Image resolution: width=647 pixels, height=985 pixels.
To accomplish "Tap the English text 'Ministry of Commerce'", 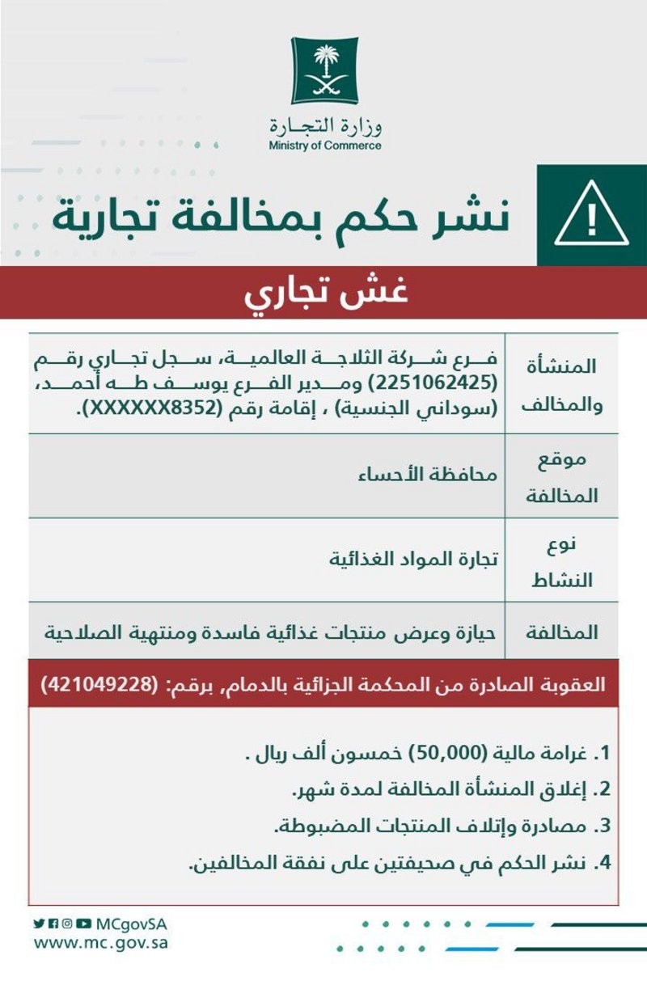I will (x=324, y=146).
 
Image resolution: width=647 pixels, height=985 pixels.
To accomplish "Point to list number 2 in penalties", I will (x=601, y=790).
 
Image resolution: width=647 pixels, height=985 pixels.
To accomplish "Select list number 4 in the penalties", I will (x=601, y=862).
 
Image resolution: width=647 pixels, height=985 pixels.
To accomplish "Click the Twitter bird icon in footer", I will (x=39, y=924).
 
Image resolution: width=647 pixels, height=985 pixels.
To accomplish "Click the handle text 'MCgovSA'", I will (x=131, y=924).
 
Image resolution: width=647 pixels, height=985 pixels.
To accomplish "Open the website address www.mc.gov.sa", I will (x=100, y=943).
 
